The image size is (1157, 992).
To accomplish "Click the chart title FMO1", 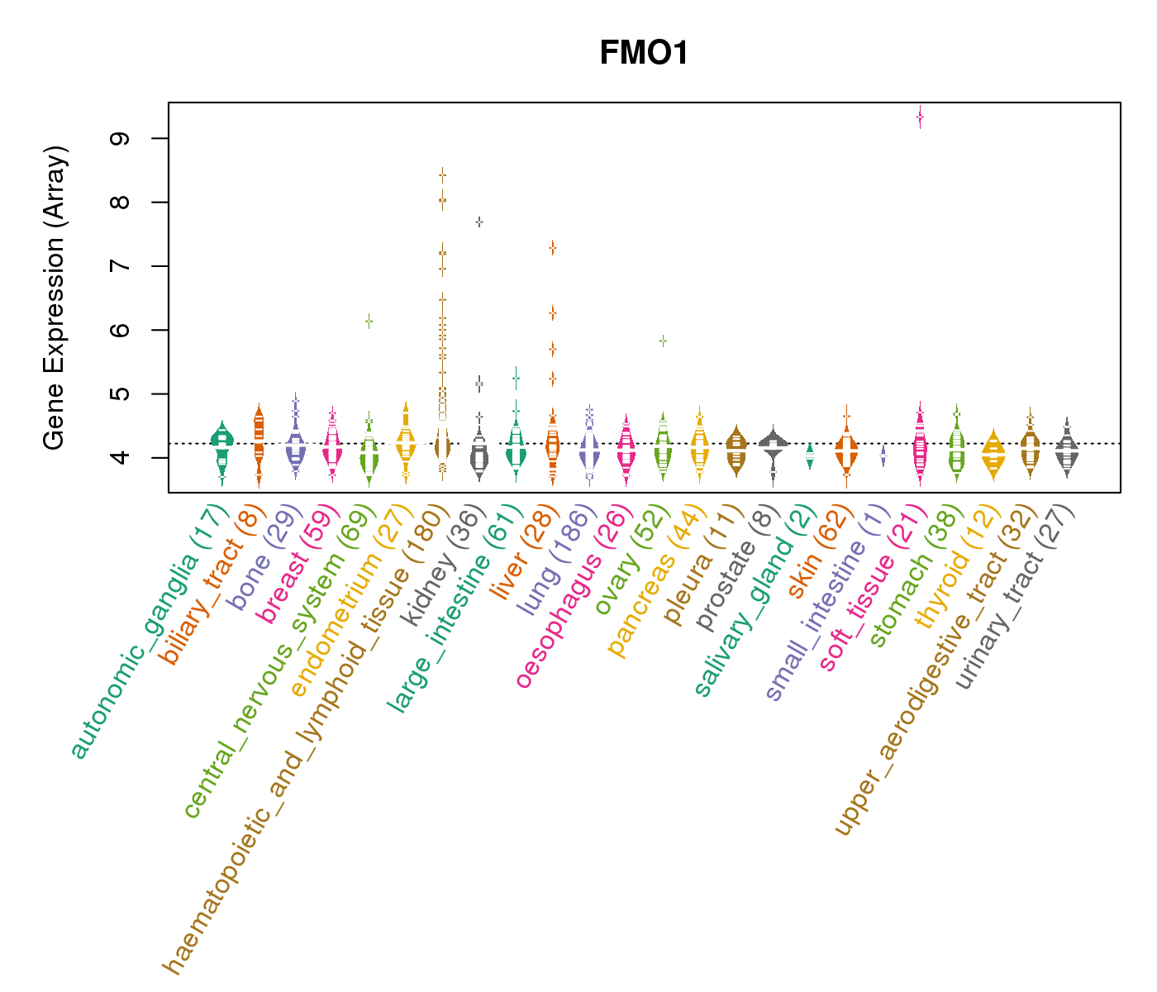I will coord(644,54).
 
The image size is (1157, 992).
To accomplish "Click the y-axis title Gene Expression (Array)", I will coord(55,298).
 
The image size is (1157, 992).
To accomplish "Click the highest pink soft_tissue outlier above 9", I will coord(920,117).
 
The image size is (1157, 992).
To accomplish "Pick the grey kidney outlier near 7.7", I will coord(479,222).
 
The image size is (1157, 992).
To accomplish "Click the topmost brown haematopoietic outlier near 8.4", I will coord(443,174).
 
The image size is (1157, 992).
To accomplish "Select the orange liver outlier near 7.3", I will coord(552,247).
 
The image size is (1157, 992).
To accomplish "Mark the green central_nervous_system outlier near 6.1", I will coord(369,321).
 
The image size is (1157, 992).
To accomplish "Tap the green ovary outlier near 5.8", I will coord(663,341).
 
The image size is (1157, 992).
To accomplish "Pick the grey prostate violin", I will coord(774,446).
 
